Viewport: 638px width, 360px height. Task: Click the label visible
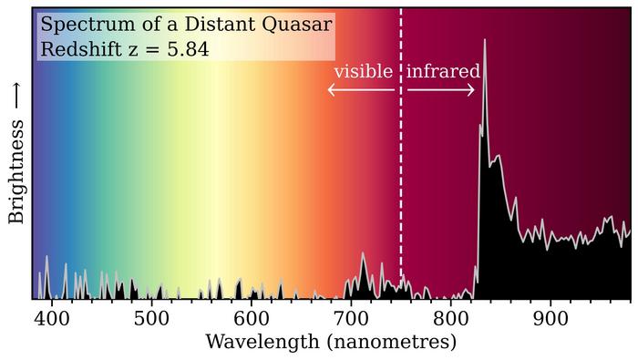(x=363, y=71)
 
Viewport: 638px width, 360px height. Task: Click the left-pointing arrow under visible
(x=360, y=89)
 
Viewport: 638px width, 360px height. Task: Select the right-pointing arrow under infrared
(x=441, y=89)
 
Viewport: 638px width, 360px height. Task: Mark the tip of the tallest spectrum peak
(x=484, y=39)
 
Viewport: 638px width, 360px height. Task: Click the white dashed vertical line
(x=401, y=182)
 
